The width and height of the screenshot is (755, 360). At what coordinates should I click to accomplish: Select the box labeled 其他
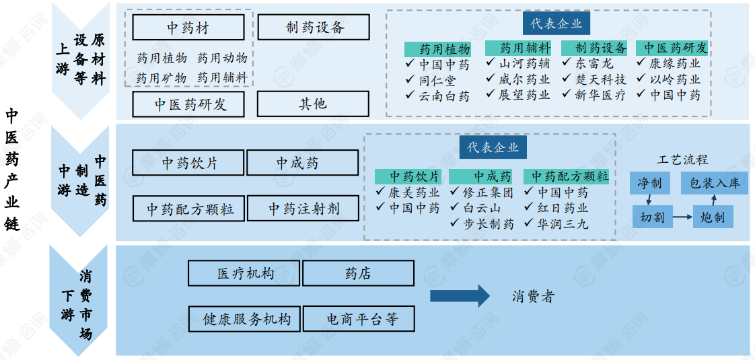click(313, 104)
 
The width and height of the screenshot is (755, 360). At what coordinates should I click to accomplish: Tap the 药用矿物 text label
click(161, 78)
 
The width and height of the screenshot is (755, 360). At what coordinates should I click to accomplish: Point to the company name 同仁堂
click(437, 80)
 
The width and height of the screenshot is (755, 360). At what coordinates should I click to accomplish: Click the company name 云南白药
click(444, 96)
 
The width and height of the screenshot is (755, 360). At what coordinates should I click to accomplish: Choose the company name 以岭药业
click(675, 79)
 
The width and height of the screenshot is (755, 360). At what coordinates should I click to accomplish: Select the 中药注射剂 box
click(303, 209)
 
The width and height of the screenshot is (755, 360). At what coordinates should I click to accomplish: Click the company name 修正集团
click(488, 192)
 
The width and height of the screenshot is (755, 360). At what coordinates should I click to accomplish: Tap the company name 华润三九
click(563, 224)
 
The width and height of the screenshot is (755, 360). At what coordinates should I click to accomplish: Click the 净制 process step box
click(650, 183)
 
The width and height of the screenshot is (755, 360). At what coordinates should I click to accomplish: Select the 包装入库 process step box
click(714, 183)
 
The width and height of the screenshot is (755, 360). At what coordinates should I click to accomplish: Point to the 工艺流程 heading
click(682, 160)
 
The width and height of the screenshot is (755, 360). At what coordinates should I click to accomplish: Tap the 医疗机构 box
click(245, 273)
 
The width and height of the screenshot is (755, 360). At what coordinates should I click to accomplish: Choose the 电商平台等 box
click(358, 318)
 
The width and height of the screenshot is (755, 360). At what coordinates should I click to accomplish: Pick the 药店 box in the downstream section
click(358, 273)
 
